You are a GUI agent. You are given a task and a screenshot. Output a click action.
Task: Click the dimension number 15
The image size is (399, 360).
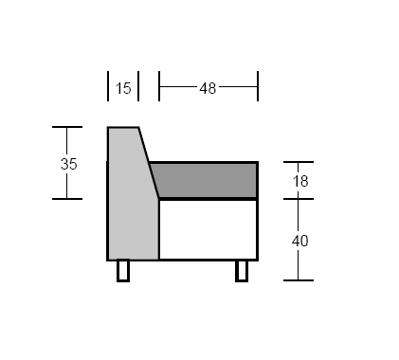[x=123, y=88]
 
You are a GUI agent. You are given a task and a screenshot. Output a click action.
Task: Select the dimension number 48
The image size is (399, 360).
[x=208, y=88]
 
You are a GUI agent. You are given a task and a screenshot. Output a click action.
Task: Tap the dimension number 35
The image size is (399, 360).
[x=68, y=164]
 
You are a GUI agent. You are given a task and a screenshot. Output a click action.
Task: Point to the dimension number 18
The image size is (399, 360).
[x=300, y=181]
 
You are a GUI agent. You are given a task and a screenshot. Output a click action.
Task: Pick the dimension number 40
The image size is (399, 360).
[x=299, y=241]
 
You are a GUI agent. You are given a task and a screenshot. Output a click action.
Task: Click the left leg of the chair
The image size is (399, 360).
[x=123, y=270]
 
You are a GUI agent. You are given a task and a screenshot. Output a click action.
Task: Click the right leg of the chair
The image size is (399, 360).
[x=242, y=271]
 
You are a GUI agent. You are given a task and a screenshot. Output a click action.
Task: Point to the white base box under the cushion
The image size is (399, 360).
[x=209, y=230]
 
